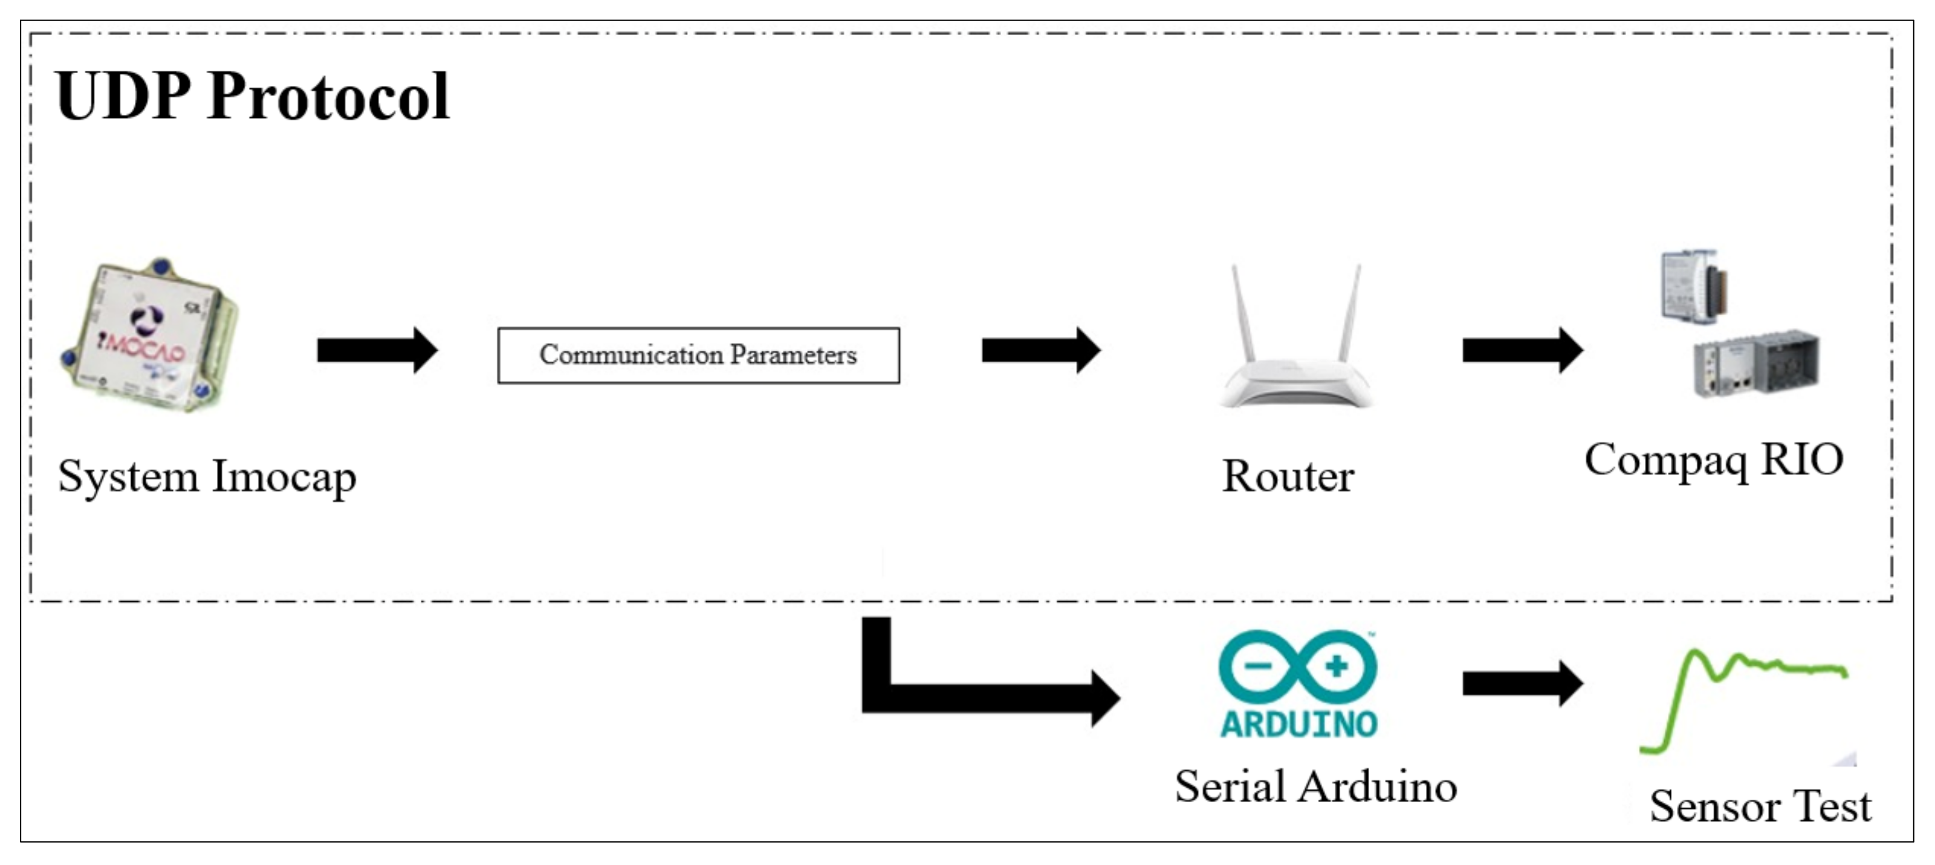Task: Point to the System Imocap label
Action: [x=207, y=477]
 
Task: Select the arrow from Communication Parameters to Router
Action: [x=1041, y=350]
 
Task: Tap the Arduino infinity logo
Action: [x=1298, y=666]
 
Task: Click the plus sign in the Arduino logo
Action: [x=1337, y=666]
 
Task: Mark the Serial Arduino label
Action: [x=1316, y=786]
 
